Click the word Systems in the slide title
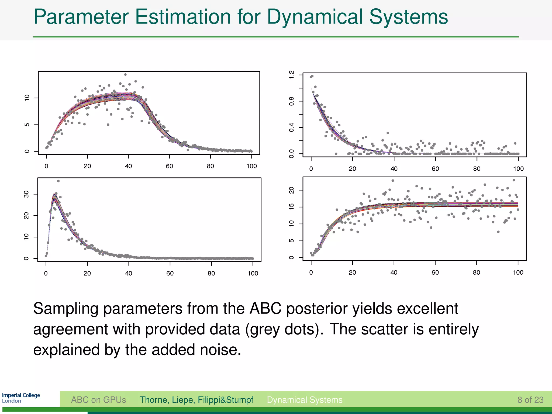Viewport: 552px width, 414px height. [408, 17]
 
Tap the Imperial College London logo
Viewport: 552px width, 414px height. [21, 398]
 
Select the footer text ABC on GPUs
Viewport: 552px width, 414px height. [98, 400]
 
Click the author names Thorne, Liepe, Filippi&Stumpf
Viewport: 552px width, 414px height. [196, 400]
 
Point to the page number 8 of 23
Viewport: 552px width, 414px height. [530, 400]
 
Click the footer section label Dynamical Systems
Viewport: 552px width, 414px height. [305, 400]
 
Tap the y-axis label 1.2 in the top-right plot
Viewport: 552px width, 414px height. [291, 75]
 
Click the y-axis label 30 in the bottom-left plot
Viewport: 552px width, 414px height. [26, 194]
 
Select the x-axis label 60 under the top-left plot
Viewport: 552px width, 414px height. [169, 166]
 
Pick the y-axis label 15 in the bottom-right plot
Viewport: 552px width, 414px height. [291, 207]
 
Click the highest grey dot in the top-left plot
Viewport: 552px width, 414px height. [125, 75]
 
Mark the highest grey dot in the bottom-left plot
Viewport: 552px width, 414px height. [58, 181]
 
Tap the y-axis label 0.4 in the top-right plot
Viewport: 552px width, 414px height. [291, 127]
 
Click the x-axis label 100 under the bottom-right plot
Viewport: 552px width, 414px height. [518, 272]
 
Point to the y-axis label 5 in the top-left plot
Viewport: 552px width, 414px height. [27, 125]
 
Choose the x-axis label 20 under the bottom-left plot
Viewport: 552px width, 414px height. [87, 274]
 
